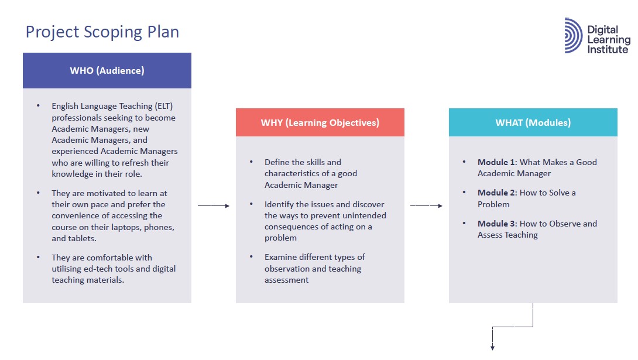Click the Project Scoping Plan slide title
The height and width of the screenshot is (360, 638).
[x=102, y=32]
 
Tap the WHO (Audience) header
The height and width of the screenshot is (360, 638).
[x=107, y=71]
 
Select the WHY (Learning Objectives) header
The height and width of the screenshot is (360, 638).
[x=320, y=122]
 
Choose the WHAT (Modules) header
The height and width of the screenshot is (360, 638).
[x=533, y=122]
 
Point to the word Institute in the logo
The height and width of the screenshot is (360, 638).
[x=608, y=50]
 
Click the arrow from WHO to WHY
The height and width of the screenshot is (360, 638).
[x=214, y=206]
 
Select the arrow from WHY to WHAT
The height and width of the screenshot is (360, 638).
[x=427, y=206]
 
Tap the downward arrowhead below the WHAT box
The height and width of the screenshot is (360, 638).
[x=493, y=347]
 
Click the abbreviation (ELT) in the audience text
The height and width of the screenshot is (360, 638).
[x=164, y=106]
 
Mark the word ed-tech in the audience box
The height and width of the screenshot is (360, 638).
[x=101, y=269]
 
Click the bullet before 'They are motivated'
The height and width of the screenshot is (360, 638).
[x=38, y=193]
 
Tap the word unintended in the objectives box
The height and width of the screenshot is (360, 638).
[x=364, y=215]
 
